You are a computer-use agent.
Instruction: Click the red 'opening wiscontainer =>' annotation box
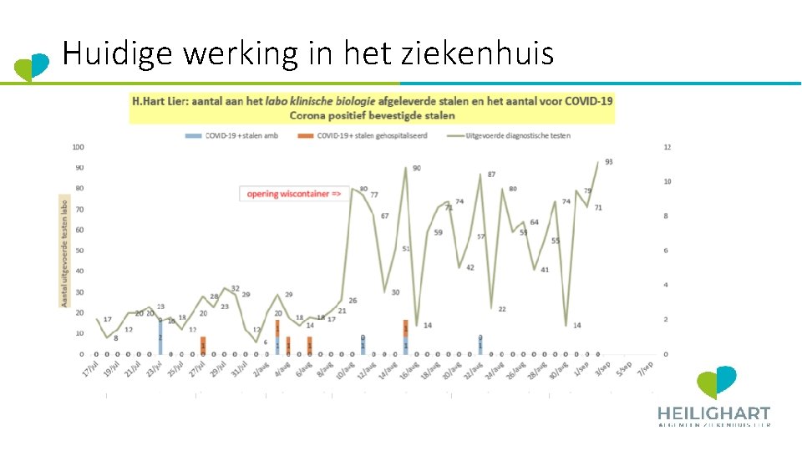click(x=293, y=194)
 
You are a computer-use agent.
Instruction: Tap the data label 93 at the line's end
click(x=608, y=162)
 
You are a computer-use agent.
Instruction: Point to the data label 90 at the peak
click(x=417, y=169)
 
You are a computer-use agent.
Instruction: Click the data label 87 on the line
click(x=491, y=175)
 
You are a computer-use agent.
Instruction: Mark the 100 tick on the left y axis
click(x=79, y=147)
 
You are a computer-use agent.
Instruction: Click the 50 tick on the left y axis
click(x=80, y=251)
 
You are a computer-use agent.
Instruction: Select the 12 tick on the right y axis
click(x=667, y=147)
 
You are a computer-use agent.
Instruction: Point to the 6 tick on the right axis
click(x=666, y=251)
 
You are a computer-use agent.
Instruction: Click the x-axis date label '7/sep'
click(x=645, y=367)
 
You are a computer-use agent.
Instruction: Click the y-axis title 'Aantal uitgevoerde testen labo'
click(x=63, y=251)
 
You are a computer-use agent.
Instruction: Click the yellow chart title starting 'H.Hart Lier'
click(x=372, y=108)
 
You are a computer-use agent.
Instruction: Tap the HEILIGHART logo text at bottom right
click(x=713, y=413)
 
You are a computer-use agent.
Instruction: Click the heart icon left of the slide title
click(x=33, y=66)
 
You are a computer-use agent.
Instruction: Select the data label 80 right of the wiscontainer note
click(x=363, y=189)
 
